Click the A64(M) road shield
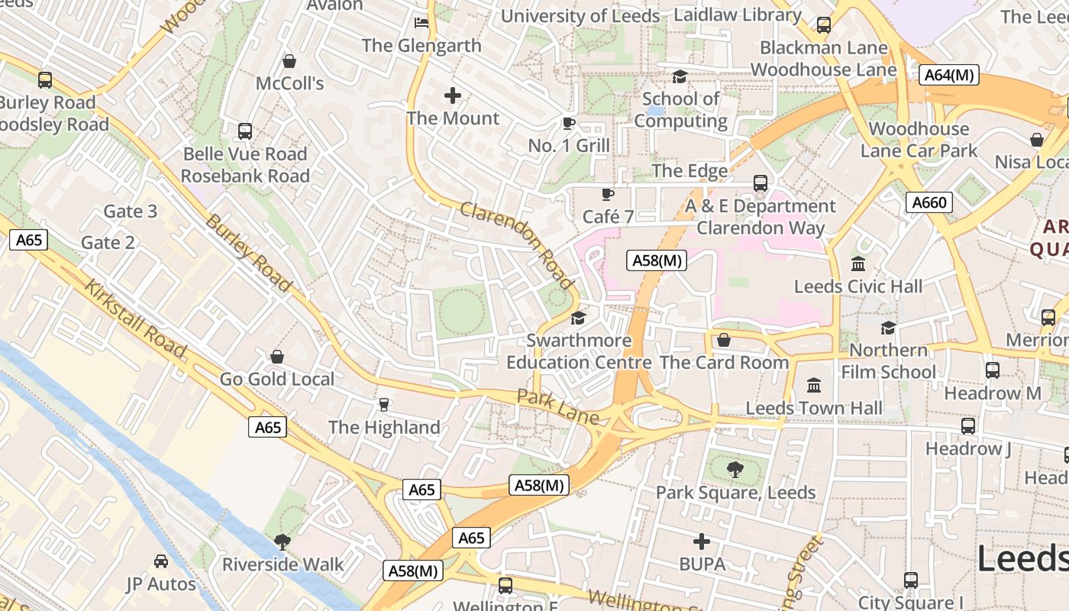tap(950, 75)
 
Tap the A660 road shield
tap(929, 202)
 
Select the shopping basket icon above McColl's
tap(289, 60)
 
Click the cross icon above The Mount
tap(453, 95)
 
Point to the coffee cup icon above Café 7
tap(608, 194)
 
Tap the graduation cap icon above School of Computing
tap(680, 76)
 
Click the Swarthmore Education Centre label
tap(580, 351)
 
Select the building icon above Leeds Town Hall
tap(814, 386)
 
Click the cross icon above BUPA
tap(702, 542)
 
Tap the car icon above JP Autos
tap(161, 562)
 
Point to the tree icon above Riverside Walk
tap(283, 542)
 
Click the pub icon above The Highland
tap(384, 405)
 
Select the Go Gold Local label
tap(277, 379)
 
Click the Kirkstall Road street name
tap(135, 318)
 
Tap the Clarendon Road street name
tap(517, 245)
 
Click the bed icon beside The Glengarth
tap(421, 22)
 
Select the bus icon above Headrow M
tap(993, 370)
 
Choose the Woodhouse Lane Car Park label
tap(919, 140)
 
